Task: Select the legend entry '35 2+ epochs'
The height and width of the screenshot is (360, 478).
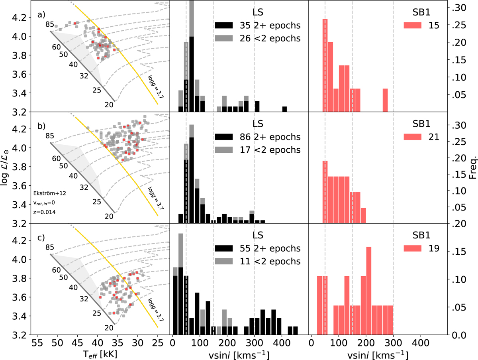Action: [257, 26]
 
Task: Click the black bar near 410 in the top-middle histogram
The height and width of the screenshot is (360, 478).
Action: [285, 109]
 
